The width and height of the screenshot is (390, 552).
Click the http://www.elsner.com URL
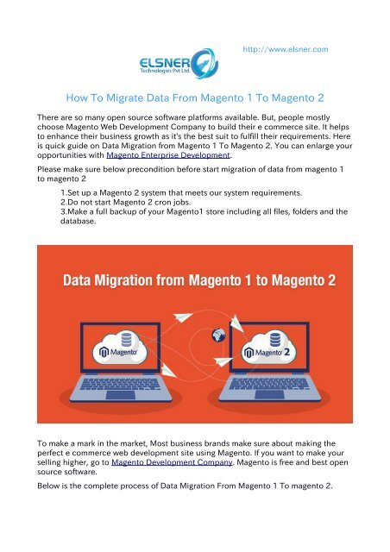[286, 50]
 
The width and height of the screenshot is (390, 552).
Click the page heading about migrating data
[195, 99]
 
